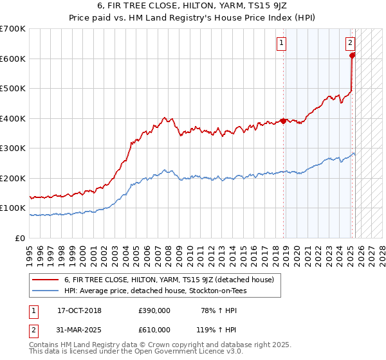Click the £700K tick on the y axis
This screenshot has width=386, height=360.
pyautogui.click(x=13, y=29)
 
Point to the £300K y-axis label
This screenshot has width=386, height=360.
pyautogui.click(x=13, y=148)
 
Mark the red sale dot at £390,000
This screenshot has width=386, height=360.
pyautogui.click(x=283, y=121)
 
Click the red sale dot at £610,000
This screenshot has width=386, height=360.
pyautogui.click(x=352, y=55)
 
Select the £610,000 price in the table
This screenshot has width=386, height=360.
pyautogui.click(x=154, y=329)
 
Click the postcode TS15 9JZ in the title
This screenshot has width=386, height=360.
pyautogui.click(x=272, y=6)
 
